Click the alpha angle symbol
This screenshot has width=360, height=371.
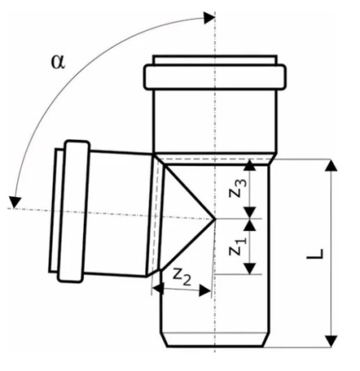58,62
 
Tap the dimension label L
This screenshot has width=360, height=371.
316,254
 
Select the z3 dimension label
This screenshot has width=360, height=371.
236,189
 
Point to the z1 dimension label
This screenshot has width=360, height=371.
236,247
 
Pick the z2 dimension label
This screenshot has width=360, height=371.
182,276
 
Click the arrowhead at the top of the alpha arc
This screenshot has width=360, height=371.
209,18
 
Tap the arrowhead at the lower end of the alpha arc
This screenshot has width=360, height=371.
15,203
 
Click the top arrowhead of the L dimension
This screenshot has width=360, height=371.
331,165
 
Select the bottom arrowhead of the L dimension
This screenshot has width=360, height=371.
331,341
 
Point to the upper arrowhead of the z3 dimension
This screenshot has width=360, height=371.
250,165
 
